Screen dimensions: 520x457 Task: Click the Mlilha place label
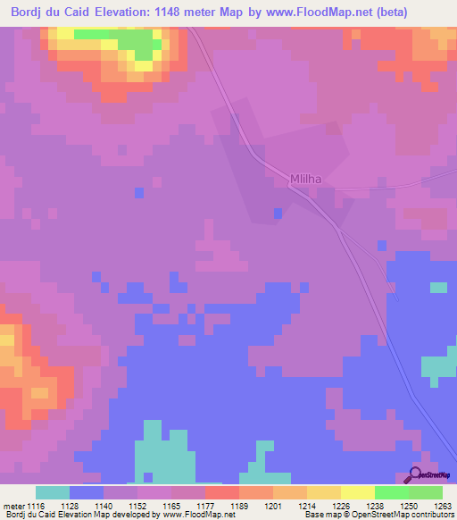304,179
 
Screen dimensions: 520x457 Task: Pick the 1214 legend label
295,505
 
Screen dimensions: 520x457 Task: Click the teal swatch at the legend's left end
52,492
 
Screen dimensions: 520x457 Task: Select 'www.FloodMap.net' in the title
335,12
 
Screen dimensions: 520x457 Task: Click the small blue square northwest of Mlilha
138,192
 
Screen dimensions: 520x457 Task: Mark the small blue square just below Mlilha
278,213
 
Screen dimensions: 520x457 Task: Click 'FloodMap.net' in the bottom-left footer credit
205,515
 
